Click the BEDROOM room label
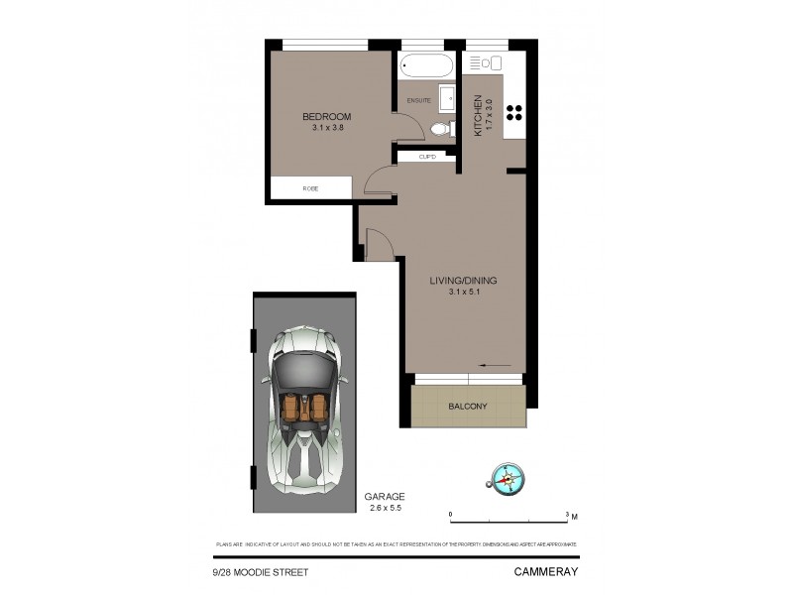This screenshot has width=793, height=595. (x=327, y=117)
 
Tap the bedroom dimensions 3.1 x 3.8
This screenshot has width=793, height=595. (x=327, y=128)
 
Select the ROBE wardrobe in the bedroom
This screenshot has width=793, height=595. (x=310, y=187)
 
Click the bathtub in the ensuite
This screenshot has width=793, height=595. (x=426, y=67)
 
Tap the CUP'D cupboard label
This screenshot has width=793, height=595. (x=428, y=157)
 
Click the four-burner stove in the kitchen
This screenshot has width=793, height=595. (x=515, y=111)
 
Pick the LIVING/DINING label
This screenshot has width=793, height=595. (x=463, y=281)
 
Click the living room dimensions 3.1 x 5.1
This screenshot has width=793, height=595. (x=463, y=293)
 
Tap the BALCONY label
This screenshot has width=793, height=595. (x=468, y=406)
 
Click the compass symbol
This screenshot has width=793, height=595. (x=508, y=478)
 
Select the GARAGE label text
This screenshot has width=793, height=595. (x=384, y=497)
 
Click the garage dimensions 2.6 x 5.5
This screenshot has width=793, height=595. (x=384, y=508)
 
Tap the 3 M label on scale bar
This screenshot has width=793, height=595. (x=572, y=515)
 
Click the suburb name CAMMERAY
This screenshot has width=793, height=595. (x=545, y=572)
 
